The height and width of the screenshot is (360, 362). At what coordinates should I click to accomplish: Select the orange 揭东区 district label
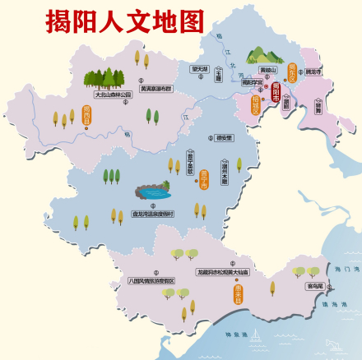click(291, 75)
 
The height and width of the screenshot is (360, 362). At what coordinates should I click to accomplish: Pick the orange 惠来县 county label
click(237, 293)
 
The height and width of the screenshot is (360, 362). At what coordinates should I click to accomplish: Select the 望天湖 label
click(198, 69)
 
